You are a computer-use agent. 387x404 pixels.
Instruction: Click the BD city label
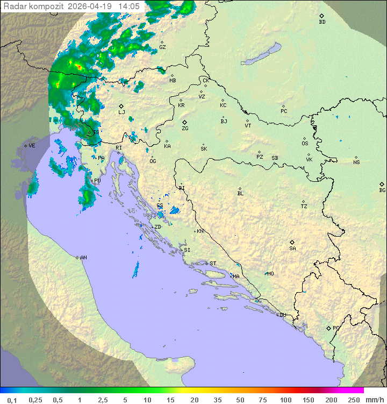point(322,22)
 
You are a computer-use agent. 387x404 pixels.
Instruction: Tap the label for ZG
point(185,129)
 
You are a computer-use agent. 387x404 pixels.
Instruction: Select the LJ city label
point(121,112)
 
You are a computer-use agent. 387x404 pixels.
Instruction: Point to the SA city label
point(292,249)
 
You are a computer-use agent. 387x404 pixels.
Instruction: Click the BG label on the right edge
point(382,190)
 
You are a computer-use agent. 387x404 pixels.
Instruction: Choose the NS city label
point(356,162)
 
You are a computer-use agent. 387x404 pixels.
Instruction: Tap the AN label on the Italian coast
point(83,258)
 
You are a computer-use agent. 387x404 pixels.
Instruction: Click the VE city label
point(32,146)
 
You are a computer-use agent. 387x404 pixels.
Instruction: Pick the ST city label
point(213,264)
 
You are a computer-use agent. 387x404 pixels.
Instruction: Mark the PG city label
point(336,328)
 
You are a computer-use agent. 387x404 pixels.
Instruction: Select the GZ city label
point(162,47)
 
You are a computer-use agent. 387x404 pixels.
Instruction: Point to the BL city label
point(240,194)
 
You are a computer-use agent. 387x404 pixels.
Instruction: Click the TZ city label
point(304,206)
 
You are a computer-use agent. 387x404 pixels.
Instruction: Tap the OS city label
point(305,144)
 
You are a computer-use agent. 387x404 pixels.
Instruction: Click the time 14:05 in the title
point(129,6)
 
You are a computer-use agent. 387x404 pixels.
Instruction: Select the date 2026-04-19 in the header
point(90,6)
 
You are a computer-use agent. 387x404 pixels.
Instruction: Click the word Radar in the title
point(14,6)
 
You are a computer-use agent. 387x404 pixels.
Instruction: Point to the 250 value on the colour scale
point(354,400)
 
